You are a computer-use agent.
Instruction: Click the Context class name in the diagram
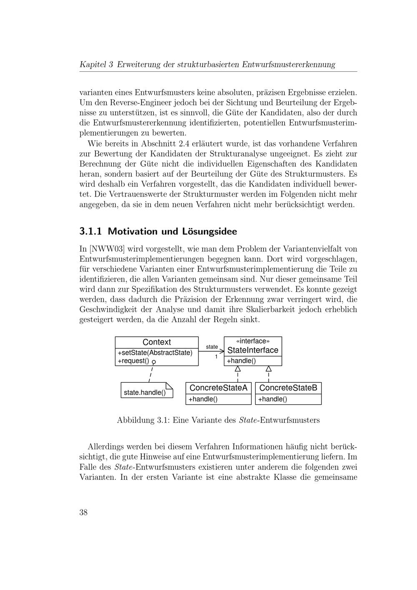click(x=156, y=342)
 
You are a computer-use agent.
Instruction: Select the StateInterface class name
click(x=253, y=350)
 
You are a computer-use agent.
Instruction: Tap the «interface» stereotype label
click(x=253, y=341)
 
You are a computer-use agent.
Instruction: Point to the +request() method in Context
click(x=133, y=361)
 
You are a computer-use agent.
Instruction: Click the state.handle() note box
click(x=145, y=393)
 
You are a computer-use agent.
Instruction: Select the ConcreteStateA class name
click(x=218, y=388)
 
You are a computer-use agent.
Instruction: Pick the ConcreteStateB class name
click(x=288, y=388)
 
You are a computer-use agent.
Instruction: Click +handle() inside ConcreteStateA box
click(x=203, y=399)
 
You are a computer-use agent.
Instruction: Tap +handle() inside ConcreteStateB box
click(x=273, y=399)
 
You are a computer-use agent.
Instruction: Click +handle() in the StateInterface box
click(x=241, y=361)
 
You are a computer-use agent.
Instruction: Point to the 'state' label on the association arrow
click(x=212, y=347)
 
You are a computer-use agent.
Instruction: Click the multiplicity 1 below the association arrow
click(x=216, y=357)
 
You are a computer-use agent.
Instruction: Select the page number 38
click(x=83, y=512)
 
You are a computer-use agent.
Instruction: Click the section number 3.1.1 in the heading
click(x=91, y=232)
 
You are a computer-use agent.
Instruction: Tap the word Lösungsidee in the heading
click(x=209, y=232)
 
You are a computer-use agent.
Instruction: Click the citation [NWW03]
click(x=107, y=249)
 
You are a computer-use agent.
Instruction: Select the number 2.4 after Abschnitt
click(x=184, y=144)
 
